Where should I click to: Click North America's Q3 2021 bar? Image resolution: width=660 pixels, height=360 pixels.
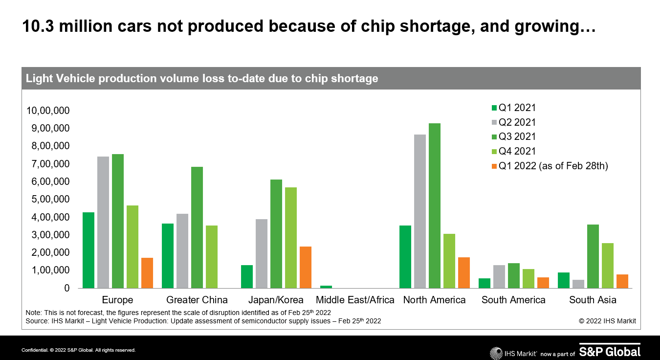point(435,205)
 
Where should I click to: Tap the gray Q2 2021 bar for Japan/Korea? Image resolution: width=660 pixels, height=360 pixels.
point(262,253)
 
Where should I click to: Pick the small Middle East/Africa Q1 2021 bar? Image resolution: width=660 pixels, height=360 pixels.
point(326,287)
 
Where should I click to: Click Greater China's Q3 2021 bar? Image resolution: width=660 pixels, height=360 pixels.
point(197,227)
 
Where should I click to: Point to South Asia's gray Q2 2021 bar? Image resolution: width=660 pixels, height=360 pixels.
point(578,284)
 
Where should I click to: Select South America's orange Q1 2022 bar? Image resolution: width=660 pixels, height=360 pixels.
point(543,283)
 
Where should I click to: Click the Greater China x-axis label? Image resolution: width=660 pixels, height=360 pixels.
point(197,300)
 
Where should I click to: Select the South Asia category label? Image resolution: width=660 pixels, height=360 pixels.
point(593,300)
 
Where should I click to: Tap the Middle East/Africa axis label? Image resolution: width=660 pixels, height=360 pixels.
point(355,300)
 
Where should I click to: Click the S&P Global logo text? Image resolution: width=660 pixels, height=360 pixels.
point(610,351)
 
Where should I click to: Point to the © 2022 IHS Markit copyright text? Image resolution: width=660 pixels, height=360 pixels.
point(607,321)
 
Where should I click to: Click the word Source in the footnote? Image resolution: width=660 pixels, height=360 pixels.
point(36,321)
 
